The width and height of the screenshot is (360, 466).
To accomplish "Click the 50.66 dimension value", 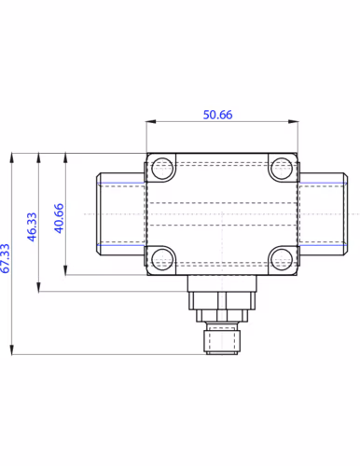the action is point(217,115).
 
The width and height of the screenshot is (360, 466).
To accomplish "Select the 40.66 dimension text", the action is point(59,218).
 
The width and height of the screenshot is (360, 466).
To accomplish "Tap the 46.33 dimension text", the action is point(32,226).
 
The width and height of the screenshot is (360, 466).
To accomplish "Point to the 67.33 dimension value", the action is point(6,258).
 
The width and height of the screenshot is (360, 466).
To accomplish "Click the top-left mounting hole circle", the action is point(163,169).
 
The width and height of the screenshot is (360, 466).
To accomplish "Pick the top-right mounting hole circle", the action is point(282,169).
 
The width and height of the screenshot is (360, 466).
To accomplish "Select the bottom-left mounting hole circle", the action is point(163,259).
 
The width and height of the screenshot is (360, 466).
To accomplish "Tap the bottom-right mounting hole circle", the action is point(282,259).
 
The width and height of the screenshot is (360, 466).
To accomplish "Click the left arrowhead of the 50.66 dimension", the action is point(151,121).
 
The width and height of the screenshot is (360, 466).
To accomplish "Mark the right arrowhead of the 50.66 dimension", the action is point(293,121).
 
